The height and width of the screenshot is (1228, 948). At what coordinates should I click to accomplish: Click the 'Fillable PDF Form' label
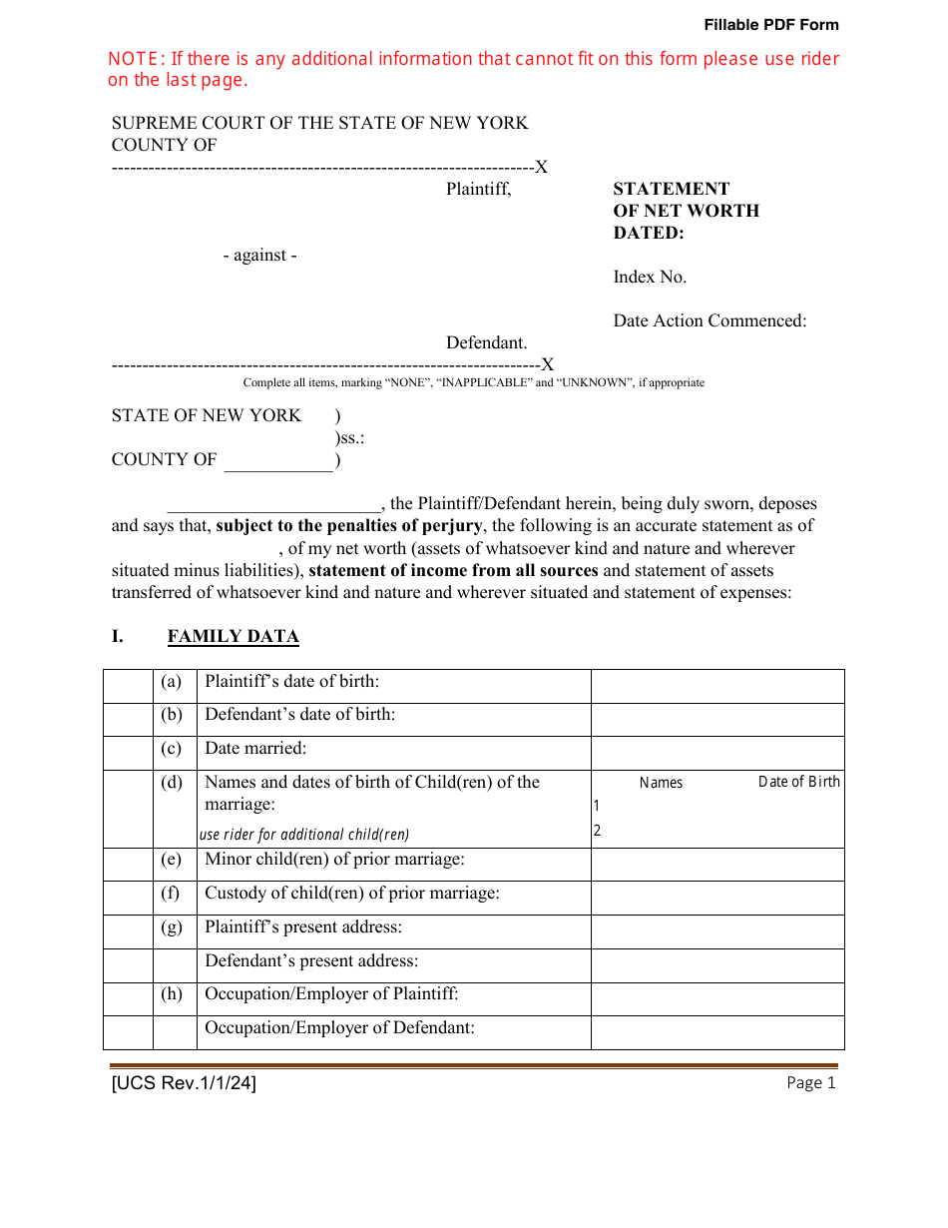770,25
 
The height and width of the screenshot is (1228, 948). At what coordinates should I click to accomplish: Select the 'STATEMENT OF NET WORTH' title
686,200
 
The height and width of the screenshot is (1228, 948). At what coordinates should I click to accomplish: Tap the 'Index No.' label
650,277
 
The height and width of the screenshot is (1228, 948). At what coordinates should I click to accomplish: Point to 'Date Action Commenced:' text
710,320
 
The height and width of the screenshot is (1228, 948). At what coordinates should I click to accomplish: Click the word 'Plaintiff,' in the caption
478,189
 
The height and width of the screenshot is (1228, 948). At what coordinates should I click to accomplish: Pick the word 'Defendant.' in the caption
486,342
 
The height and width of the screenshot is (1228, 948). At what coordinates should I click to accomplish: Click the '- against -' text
259,255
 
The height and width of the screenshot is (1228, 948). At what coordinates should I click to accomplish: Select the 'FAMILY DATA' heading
233,636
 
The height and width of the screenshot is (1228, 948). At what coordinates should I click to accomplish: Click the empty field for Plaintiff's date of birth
716,686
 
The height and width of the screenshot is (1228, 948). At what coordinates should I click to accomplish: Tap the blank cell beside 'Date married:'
716,753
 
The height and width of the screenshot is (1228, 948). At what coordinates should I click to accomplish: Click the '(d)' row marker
173,783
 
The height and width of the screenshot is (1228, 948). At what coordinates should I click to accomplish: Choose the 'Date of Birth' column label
798,782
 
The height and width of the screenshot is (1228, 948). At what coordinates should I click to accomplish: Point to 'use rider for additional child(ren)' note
304,835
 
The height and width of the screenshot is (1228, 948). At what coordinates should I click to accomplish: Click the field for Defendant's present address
716,965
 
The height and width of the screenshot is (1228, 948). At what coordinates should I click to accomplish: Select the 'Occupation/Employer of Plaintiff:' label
331,994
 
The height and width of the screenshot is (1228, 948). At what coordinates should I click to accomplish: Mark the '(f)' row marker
173,894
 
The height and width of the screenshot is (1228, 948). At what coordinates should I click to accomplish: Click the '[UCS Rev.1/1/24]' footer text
184,1083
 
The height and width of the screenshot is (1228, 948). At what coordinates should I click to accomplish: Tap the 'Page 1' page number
810,1083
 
